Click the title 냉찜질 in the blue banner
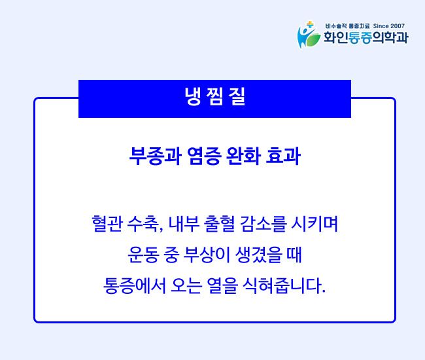pyautogui.click(x=214, y=96)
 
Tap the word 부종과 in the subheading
pyautogui.click(x=155, y=156)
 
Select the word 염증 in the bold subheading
pyautogui.click(x=203, y=156)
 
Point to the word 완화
pyautogui.click(x=243, y=156)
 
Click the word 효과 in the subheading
pyautogui.click(x=283, y=156)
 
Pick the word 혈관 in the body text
pyautogui.click(x=107, y=224)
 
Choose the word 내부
pyautogui.click(x=184, y=224)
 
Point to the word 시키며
pyautogui.click(x=314, y=224)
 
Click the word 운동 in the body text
pyautogui.click(x=143, y=255)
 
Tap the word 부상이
pyautogui.click(x=206, y=255)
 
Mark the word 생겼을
pyautogui.click(x=258, y=255)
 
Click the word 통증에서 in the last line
pyautogui.click(x=135, y=285)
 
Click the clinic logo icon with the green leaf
pyautogui.click(x=309, y=35)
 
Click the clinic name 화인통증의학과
pyautogui.click(x=366, y=38)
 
